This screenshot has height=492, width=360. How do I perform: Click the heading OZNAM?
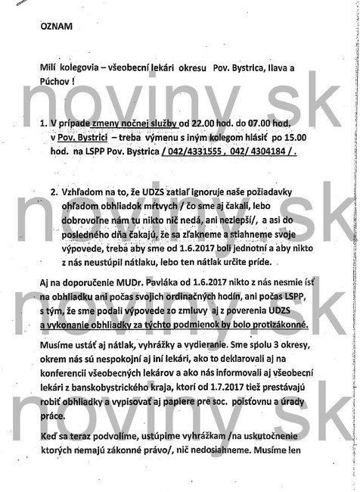tap(57, 26)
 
